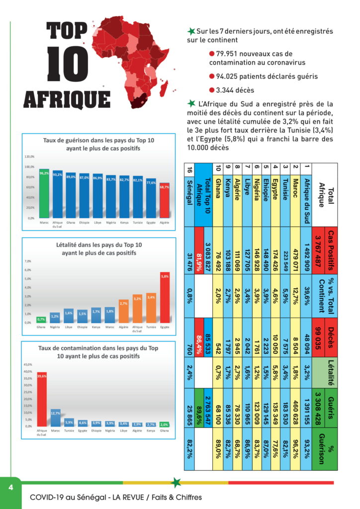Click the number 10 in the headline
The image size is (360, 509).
68,64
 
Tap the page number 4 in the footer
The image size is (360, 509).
10,487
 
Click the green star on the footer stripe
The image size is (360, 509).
175,482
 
